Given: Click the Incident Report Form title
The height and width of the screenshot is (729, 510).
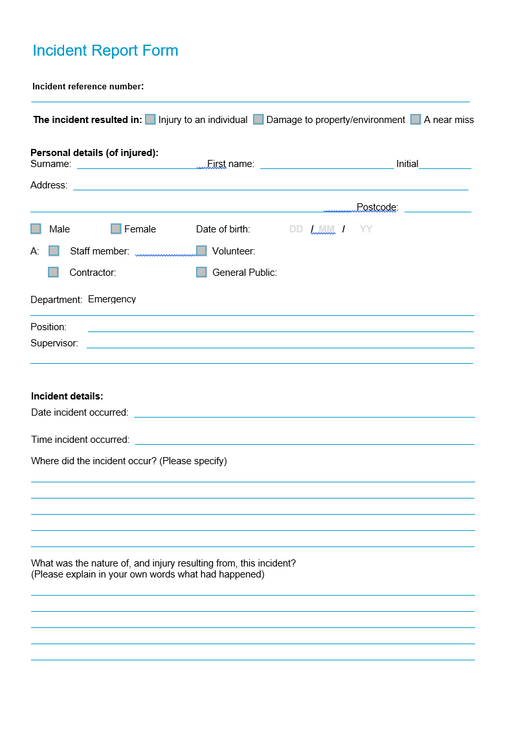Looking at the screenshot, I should click(x=105, y=50).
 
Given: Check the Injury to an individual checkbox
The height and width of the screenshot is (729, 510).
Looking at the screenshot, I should click(x=150, y=119).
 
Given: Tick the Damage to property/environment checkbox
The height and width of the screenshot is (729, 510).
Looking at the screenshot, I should click(x=258, y=119).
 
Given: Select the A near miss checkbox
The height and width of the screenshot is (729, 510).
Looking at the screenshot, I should click(x=416, y=119).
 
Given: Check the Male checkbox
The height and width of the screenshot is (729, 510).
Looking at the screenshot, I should click(x=36, y=229).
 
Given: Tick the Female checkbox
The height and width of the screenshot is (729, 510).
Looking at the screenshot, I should click(x=116, y=229).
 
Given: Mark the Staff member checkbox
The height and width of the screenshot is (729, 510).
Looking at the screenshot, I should click(x=54, y=251).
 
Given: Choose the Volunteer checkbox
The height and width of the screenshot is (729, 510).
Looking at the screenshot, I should click(x=201, y=251).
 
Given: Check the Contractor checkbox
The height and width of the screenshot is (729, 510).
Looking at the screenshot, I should click(x=53, y=272).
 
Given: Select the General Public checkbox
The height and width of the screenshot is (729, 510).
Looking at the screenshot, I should click(x=201, y=272).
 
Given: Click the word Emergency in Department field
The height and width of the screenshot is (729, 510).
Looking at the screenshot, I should click(x=112, y=299).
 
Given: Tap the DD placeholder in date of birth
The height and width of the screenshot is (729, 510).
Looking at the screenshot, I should click(x=296, y=229).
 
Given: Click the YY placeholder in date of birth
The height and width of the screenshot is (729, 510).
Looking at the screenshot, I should click(x=366, y=229).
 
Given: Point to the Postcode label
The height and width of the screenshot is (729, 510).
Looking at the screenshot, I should click(x=377, y=207).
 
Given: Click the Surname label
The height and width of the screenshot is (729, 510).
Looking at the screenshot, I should click(x=50, y=164).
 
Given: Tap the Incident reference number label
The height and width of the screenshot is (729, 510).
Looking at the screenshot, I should click(x=88, y=86).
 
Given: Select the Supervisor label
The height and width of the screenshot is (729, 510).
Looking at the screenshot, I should click(x=54, y=343).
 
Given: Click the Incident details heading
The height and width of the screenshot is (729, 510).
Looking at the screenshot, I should click(x=67, y=396).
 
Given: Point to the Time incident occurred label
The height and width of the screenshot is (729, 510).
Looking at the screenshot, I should click(x=80, y=440).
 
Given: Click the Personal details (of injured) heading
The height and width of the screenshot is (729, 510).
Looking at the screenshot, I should click(x=94, y=153).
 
